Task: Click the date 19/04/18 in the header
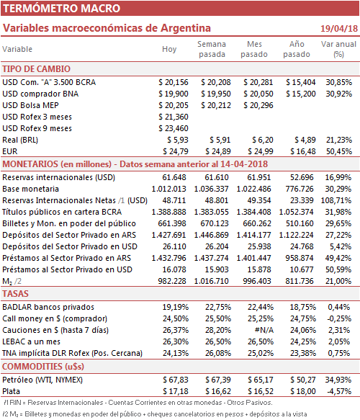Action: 339,28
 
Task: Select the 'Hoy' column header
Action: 169,49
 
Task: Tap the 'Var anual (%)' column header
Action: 338,49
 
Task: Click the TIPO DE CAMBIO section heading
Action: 36,69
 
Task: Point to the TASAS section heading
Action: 15,294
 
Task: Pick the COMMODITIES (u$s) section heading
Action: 43,366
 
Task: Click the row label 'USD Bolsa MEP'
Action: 30,105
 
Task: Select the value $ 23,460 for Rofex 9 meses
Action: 174,128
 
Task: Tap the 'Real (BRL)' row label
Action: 20,140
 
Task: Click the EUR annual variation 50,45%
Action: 339,151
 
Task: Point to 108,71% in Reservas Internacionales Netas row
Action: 336,200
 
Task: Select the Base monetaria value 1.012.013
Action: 168,189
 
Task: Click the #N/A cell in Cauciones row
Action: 264,330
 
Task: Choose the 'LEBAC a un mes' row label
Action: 31,341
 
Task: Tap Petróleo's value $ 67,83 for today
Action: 176,380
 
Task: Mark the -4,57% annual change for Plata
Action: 339,391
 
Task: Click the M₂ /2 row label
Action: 12,281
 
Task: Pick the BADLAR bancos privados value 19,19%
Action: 176,307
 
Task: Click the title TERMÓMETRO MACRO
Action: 62,9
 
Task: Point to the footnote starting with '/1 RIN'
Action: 138,402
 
